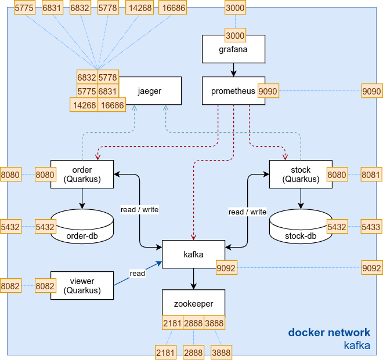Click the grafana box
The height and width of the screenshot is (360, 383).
pyautogui.click(x=233, y=49)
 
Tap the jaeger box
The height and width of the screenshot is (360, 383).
pyautogui.click(x=150, y=91)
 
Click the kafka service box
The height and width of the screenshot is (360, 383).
pyautogui.click(x=193, y=254)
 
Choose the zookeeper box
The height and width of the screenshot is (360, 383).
pyautogui.click(x=193, y=303)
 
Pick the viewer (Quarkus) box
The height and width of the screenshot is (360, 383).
pyautogui.click(x=82, y=285)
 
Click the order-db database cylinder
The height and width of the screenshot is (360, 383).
pyautogui.click(x=82, y=226)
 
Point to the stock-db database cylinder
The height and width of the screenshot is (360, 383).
pyautogui.click(x=301, y=226)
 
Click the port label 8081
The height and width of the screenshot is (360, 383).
pyautogui.click(x=371, y=173)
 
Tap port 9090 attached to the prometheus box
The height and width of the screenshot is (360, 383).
pyautogui.click(x=268, y=91)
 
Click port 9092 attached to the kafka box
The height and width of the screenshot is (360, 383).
pyautogui.click(x=226, y=268)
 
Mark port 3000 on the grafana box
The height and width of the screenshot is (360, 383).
pyautogui.click(x=235, y=36)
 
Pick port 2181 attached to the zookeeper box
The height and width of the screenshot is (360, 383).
pyautogui.click(x=172, y=323)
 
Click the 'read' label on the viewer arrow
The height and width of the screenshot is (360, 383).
pyautogui.click(x=138, y=274)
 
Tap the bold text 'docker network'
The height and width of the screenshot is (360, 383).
pyautogui.click(x=329, y=333)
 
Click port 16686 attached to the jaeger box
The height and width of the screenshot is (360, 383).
pyautogui.click(x=112, y=105)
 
